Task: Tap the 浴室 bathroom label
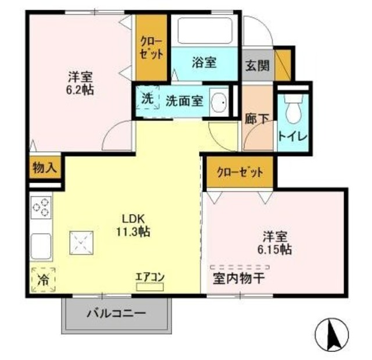point(204,62)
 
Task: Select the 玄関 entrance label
point(255,65)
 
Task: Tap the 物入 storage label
point(44,168)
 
